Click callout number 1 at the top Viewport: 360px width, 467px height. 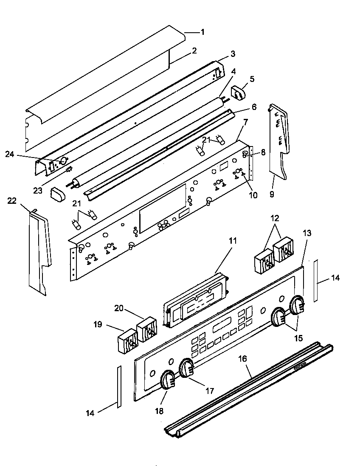[202, 32]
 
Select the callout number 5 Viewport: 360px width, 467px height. [252, 79]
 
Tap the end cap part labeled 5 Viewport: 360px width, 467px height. [239, 93]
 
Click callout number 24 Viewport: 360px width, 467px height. [10, 155]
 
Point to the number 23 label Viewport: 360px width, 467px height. [38, 191]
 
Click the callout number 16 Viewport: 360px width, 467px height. [242, 359]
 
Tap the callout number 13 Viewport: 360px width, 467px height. [307, 233]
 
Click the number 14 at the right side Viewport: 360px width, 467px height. [335, 279]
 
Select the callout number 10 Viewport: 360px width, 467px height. [253, 195]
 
